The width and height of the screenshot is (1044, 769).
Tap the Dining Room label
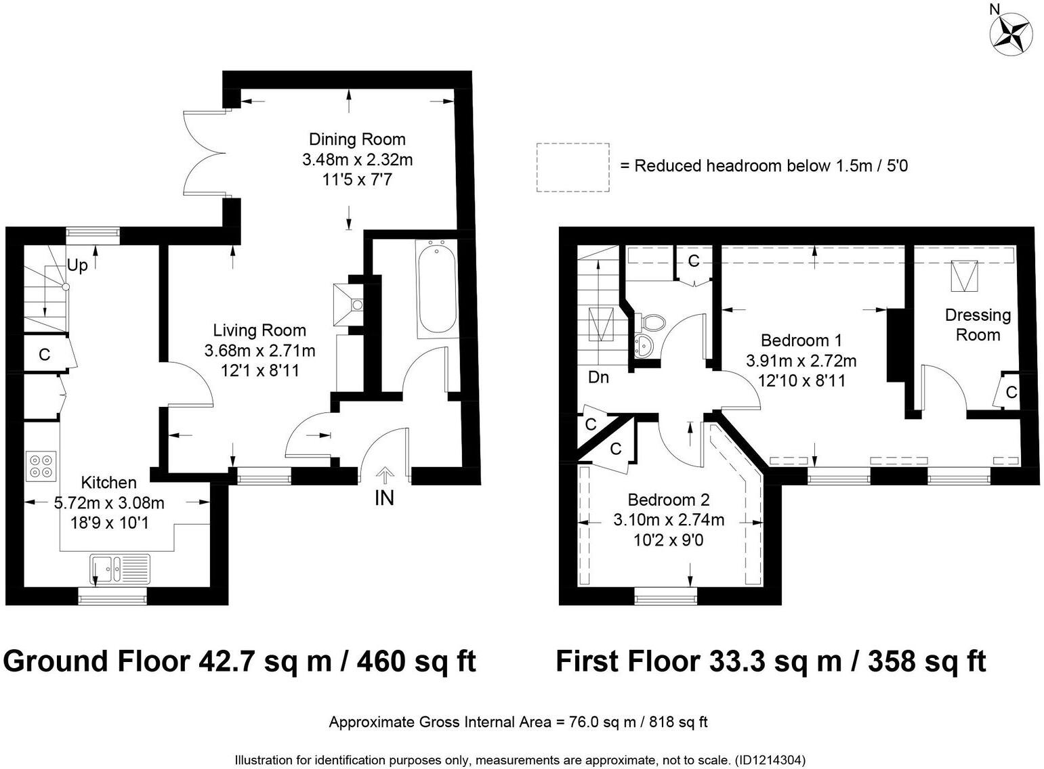click(357, 139)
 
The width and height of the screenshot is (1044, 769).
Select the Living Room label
click(259, 330)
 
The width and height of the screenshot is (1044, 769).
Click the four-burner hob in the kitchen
click(41, 466)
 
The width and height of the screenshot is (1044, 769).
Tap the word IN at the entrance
click(384, 498)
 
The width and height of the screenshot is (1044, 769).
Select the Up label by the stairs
click(77, 266)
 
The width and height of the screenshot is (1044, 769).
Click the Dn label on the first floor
click(598, 377)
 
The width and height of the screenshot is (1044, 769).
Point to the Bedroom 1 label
click(801, 340)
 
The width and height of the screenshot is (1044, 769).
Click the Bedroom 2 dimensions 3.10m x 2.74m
click(669, 520)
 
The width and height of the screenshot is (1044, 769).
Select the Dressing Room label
click(978, 325)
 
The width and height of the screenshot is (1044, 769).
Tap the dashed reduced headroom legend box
click(572, 167)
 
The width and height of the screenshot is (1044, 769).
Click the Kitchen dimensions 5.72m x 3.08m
click(109, 503)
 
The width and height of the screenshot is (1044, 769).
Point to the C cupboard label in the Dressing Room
click(1011, 393)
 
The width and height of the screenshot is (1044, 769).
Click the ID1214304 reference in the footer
click(770, 760)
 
